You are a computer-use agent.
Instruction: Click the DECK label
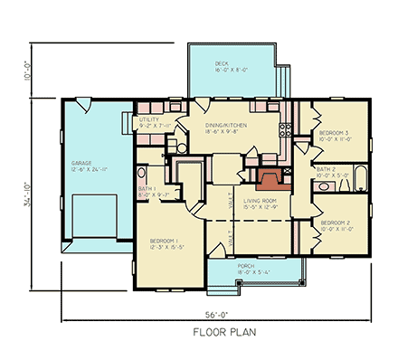coord(222,62)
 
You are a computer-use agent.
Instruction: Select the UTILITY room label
coord(148,119)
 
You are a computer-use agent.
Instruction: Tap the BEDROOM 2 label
coord(335,222)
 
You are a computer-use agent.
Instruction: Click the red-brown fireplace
coord(270,178)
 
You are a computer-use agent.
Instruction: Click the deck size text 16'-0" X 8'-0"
coord(225,70)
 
